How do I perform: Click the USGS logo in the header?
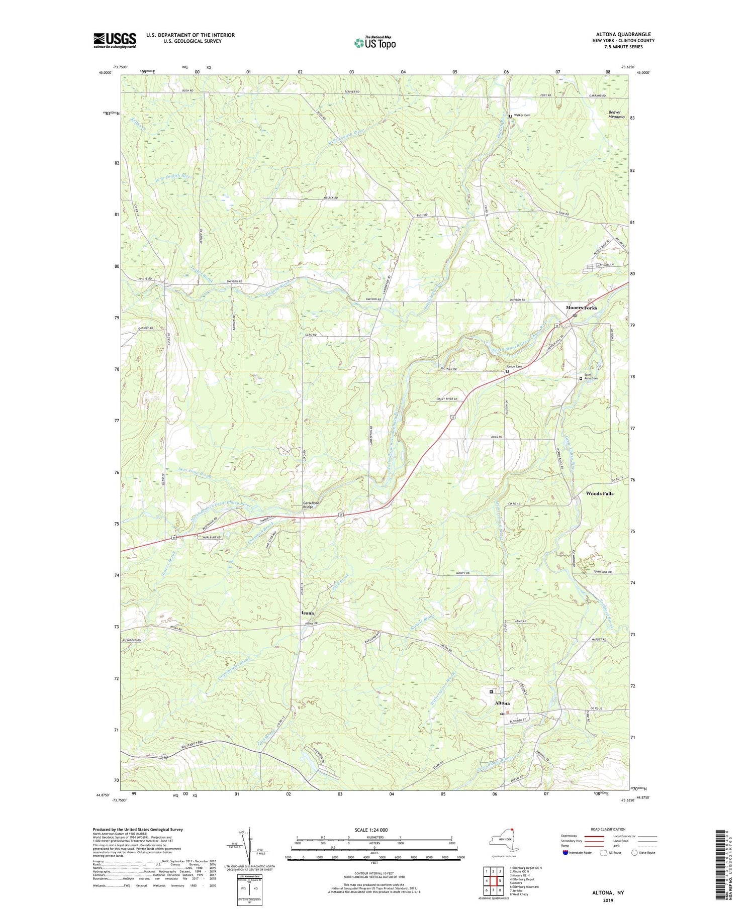point(115,40)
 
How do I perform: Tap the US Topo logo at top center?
point(374,43)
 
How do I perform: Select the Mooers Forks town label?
point(581,308)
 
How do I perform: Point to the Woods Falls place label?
point(599,493)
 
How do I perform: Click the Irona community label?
point(308,613)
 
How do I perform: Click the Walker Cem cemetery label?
point(522,116)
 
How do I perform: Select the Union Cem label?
point(514,366)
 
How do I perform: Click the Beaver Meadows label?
point(616,115)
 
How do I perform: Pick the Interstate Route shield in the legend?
point(566,853)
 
